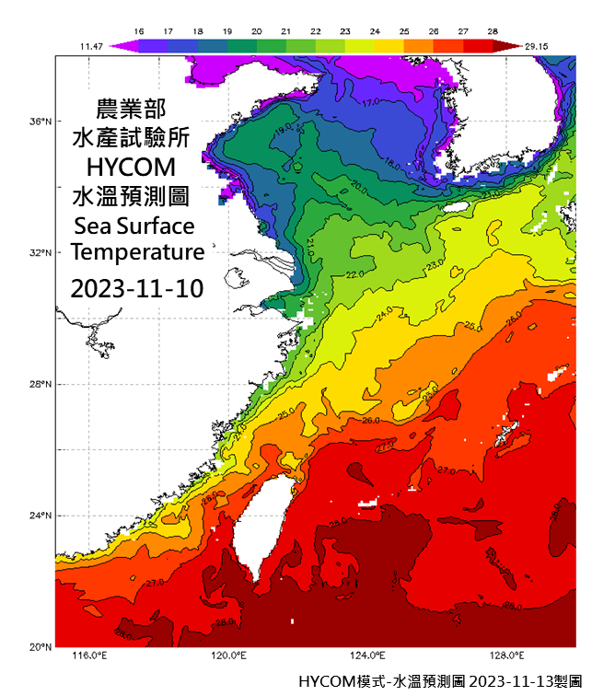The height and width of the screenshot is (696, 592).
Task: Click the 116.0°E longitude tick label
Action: tap(89, 656)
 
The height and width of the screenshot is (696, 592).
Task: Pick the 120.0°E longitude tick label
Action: tap(228, 656)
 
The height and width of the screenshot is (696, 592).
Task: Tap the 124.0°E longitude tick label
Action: tap(368, 656)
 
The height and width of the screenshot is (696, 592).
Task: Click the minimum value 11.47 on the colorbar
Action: tap(90, 44)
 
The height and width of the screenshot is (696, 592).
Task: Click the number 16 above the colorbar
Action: tap(139, 31)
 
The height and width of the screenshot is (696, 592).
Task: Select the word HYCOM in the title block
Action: tap(136, 168)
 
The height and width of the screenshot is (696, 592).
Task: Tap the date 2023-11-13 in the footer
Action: tap(508, 682)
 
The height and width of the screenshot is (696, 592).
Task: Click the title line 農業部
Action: tap(136, 108)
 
